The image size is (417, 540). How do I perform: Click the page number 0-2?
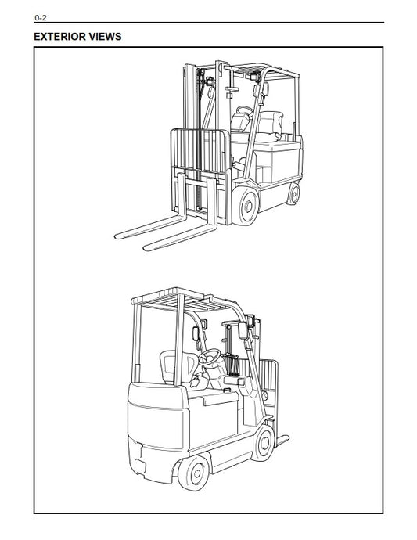click(x=40, y=17)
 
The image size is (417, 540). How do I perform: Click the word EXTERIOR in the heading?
click(x=59, y=37)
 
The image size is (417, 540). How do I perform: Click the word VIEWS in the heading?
click(x=105, y=37)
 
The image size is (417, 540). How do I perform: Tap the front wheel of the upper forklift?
click(x=246, y=207)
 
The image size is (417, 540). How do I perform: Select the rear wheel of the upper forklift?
click(x=293, y=194)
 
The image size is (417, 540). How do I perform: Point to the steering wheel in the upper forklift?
click(x=244, y=111)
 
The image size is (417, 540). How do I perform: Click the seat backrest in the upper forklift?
click(x=271, y=122)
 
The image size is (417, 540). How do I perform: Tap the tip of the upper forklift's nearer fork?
click(x=145, y=248)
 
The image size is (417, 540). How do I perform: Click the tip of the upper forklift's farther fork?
click(x=116, y=236)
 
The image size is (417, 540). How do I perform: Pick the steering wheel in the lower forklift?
click(x=209, y=357)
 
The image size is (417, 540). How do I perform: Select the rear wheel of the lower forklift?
click(x=193, y=473)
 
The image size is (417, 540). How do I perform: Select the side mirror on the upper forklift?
click(x=265, y=89)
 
